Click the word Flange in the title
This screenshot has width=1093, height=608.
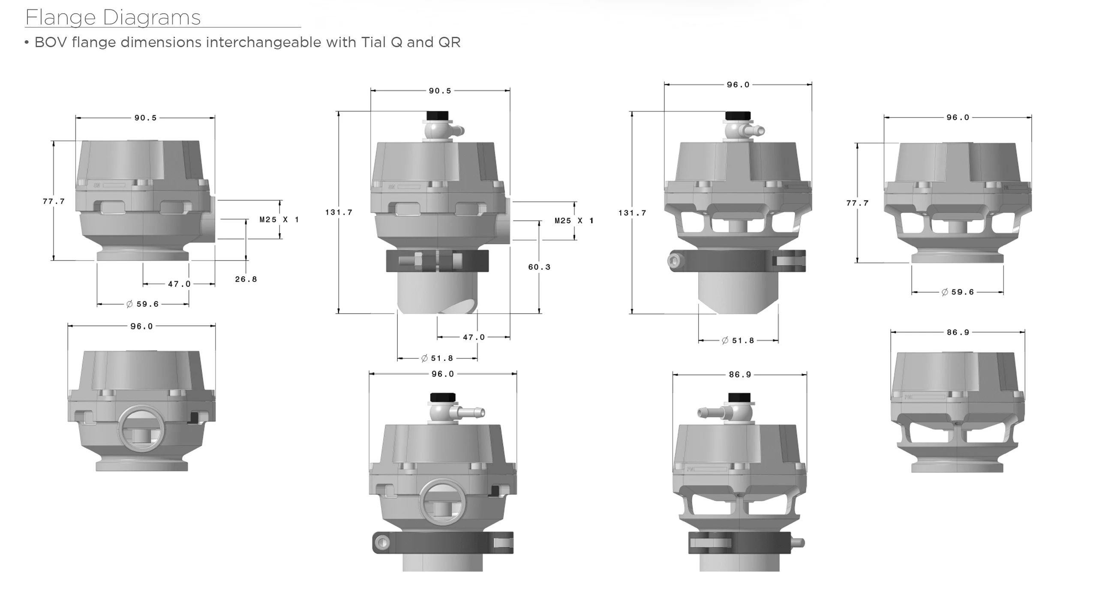coord(60,18)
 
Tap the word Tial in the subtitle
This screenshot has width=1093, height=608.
coord(374,42)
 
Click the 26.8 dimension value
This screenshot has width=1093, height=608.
coord(246,279)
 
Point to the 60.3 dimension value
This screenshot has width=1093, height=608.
coord(539,267)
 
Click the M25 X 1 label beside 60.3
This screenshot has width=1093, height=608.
coord(574,221)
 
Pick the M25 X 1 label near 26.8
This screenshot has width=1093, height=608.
coord(279,220)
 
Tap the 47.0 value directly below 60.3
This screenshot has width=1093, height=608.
coord(474,338)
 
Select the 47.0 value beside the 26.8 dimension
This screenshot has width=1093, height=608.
coord(179,284)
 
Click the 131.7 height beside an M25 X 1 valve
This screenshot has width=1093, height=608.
coord(339,213)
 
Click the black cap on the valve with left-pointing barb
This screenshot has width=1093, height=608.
coord(739,398)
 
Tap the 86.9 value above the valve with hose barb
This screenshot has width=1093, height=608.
coord(740,375)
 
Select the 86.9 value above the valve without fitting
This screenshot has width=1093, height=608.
coord(958,332)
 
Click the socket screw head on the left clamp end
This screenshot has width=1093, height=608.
coord(674,261)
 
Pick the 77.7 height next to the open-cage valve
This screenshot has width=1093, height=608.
coord(857,203)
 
